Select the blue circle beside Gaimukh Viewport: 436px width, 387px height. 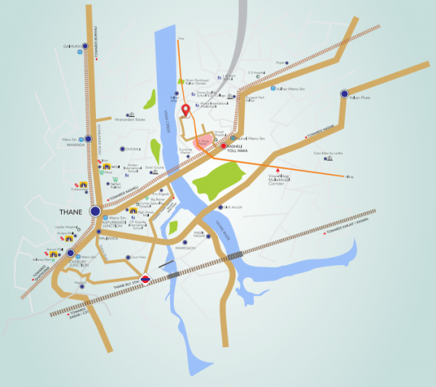click(x=86, y=46)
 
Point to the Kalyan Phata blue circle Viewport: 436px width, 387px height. click(x=344, y=94)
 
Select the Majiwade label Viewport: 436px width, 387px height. click(x=108, y=236)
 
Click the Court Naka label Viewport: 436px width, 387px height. click(x=138, y=256)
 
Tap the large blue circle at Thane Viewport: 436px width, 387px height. click(x=95, y=211)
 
